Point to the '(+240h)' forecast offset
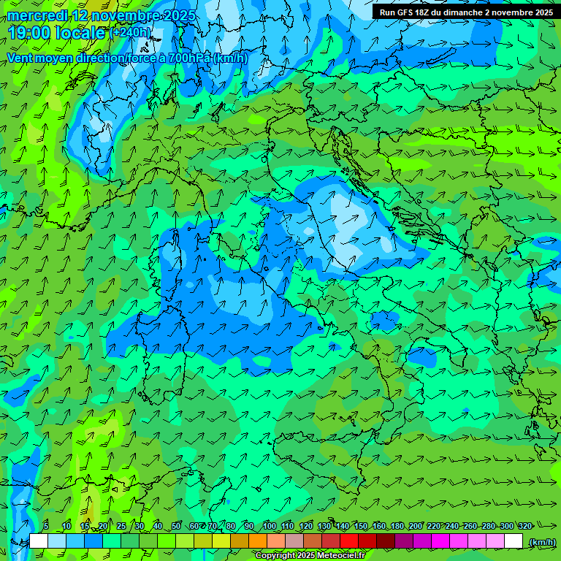(x=131, y=33)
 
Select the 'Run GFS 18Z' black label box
(x=466, y=12)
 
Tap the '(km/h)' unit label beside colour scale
(x=541, y=541)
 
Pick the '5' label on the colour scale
(x=46, y=526)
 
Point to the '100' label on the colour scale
(x=269, y=526)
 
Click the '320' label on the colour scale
(x=524, y=526)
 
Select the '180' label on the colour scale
(x=397, y=526)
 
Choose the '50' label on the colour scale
(x=176, y=526)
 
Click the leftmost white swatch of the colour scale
(x=39, y=541)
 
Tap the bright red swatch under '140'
(x=349, y=541)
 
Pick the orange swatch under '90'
(x=258, y=541)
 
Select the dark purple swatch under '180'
(x=404, y=541)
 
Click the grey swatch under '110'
(x=294, y=541)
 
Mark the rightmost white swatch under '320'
(x=514, y=541)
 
